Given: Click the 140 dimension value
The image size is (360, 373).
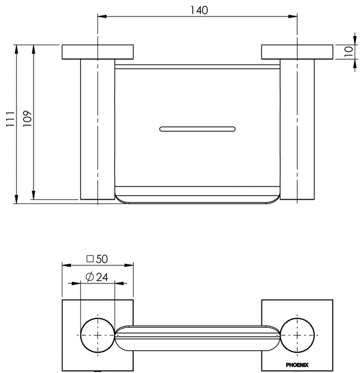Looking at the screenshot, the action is [199, 10].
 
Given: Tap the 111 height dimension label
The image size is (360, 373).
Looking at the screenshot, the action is [11, 119].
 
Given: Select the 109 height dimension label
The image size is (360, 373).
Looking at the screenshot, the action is [27, 118].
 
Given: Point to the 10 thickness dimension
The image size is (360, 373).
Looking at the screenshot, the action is [349, 51].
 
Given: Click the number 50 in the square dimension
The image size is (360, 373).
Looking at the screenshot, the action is [102, 259].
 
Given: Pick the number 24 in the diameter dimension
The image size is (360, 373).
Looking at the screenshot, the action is [102, 277].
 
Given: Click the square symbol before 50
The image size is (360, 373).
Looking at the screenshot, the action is [90, 259].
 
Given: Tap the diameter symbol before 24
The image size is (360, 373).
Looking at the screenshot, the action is [89, 277].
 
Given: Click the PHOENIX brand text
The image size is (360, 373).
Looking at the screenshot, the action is [297, 365].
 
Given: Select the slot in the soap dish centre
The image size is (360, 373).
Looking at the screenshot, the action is [198, 129].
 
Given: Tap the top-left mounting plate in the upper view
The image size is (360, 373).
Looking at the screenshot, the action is [98, 52].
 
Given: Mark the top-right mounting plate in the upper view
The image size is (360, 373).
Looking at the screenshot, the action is [297, 52].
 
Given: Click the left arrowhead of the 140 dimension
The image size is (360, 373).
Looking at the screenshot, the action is [102, 17].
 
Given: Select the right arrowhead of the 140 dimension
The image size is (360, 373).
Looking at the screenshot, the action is [293, 17].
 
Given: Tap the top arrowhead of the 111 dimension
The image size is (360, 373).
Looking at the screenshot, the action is [16, 49].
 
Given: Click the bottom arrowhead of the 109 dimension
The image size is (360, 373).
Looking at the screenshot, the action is [34, 195].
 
